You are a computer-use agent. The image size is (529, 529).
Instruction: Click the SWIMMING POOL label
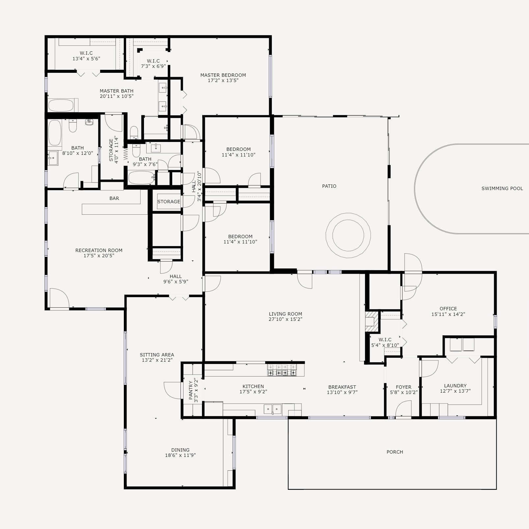[502, 189]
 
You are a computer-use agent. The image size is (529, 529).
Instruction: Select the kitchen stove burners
[282, 370]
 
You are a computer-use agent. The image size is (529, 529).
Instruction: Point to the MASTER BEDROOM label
[223, 75]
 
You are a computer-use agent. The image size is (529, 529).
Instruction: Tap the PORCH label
[395, 452]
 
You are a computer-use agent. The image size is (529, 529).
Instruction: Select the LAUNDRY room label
[455, 386]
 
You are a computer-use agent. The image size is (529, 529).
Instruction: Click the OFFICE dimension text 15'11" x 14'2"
[448, 314]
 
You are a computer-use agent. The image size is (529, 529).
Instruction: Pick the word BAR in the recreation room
[114, 198]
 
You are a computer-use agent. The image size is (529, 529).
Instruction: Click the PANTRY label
[191, 390]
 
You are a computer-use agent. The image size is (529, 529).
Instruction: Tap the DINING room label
[181, 450]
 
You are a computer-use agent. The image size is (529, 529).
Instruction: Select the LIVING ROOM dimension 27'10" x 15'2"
[286, 319]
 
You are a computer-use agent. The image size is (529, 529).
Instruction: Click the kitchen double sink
[273, 409]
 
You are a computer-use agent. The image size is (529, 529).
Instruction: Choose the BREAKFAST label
[342, 387]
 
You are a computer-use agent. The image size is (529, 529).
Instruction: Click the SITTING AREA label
[157, 355]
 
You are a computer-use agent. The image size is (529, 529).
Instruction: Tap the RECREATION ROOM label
[99, 250]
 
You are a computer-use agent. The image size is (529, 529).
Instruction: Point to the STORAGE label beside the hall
[169, 202]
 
